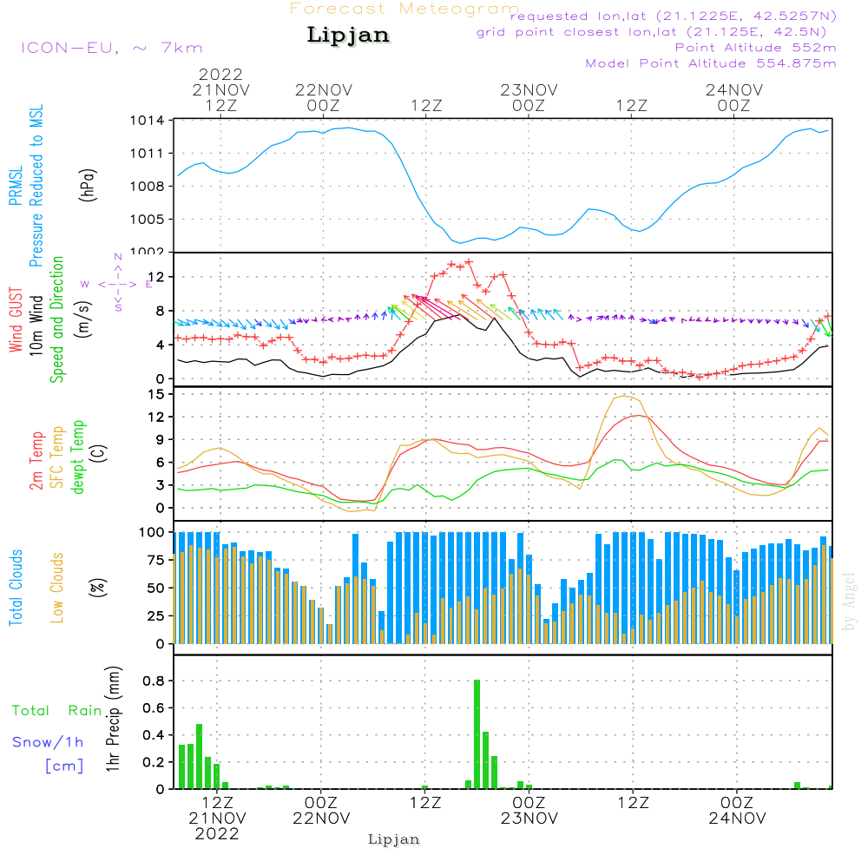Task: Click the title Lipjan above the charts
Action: (x=348, y=36)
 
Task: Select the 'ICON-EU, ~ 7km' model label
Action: (x=111, y=48)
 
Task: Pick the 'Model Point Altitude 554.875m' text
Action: (x=711, y=63)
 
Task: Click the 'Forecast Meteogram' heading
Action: (x=404, y=9)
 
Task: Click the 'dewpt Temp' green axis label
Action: (x=79, y=457)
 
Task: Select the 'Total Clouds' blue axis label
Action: (x=16, y=587)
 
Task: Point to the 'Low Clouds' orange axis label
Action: (x=58, y=587)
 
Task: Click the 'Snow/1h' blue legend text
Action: (x=49, y=742)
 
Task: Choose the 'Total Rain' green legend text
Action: (x=57, y=711)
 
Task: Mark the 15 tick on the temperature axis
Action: (x=156, y=394)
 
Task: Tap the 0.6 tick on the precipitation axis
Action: (x=154, y=707)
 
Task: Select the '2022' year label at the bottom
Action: (x=217, y=833)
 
